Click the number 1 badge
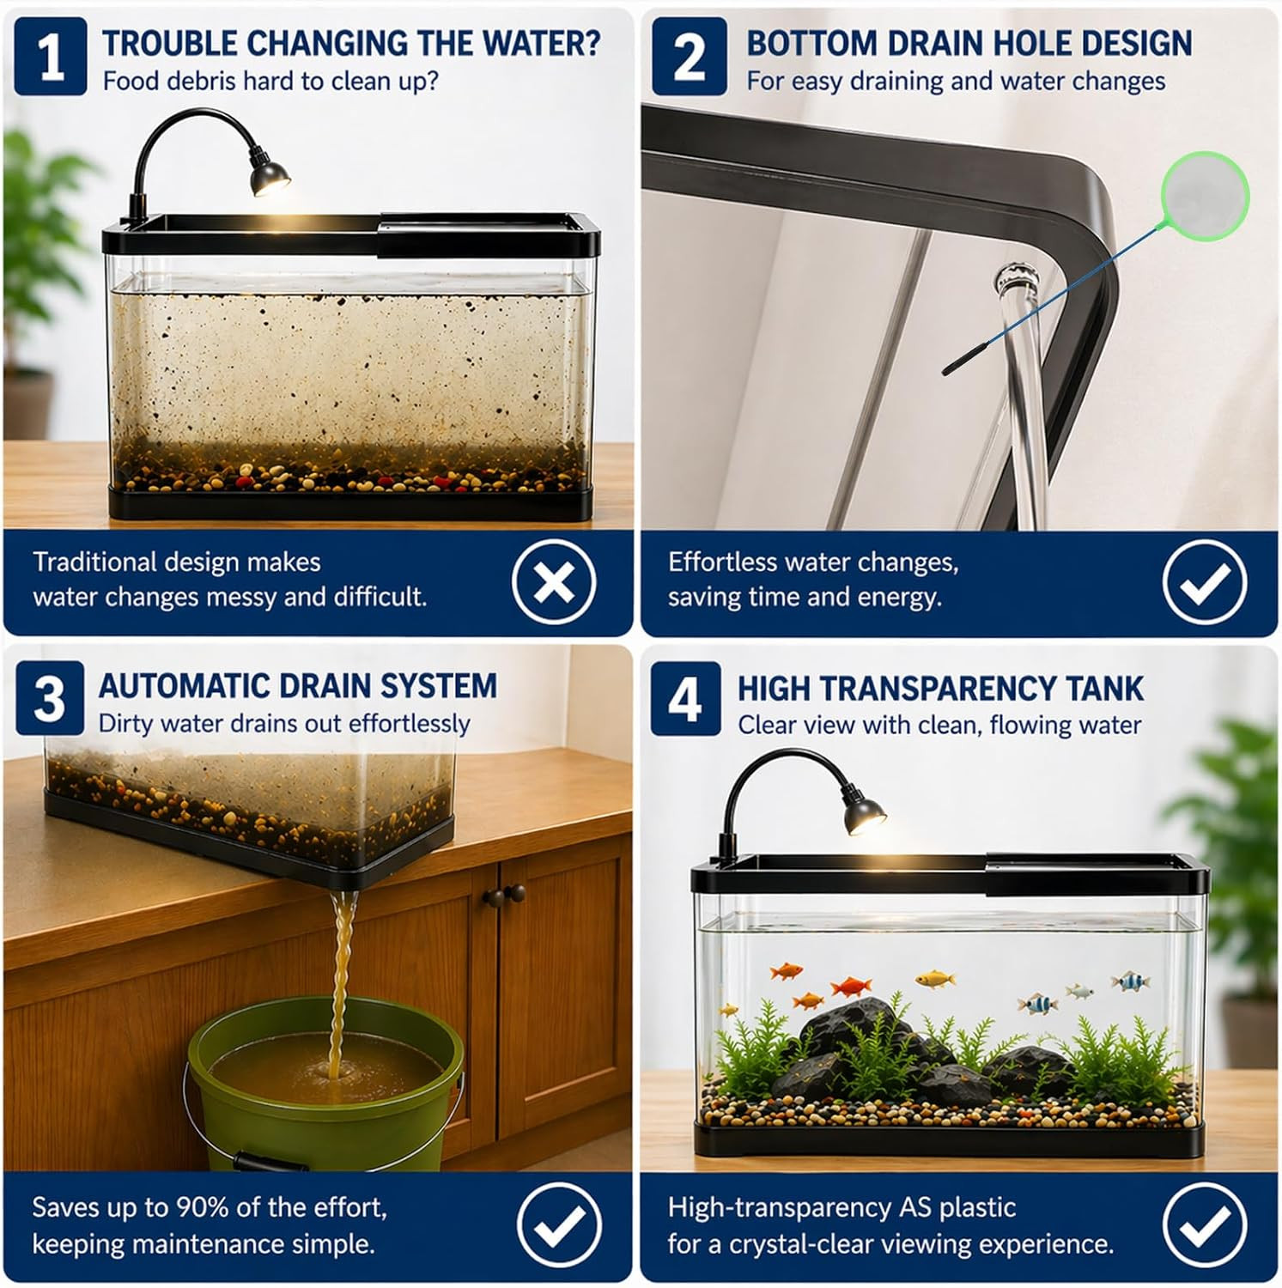click(x=50, y=57)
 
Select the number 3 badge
click(x=50, y=698)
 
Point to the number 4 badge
click(x=685, y=699)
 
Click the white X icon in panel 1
click(x=554, y=582)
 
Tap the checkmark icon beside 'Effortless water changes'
click(x=1205, y=582)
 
